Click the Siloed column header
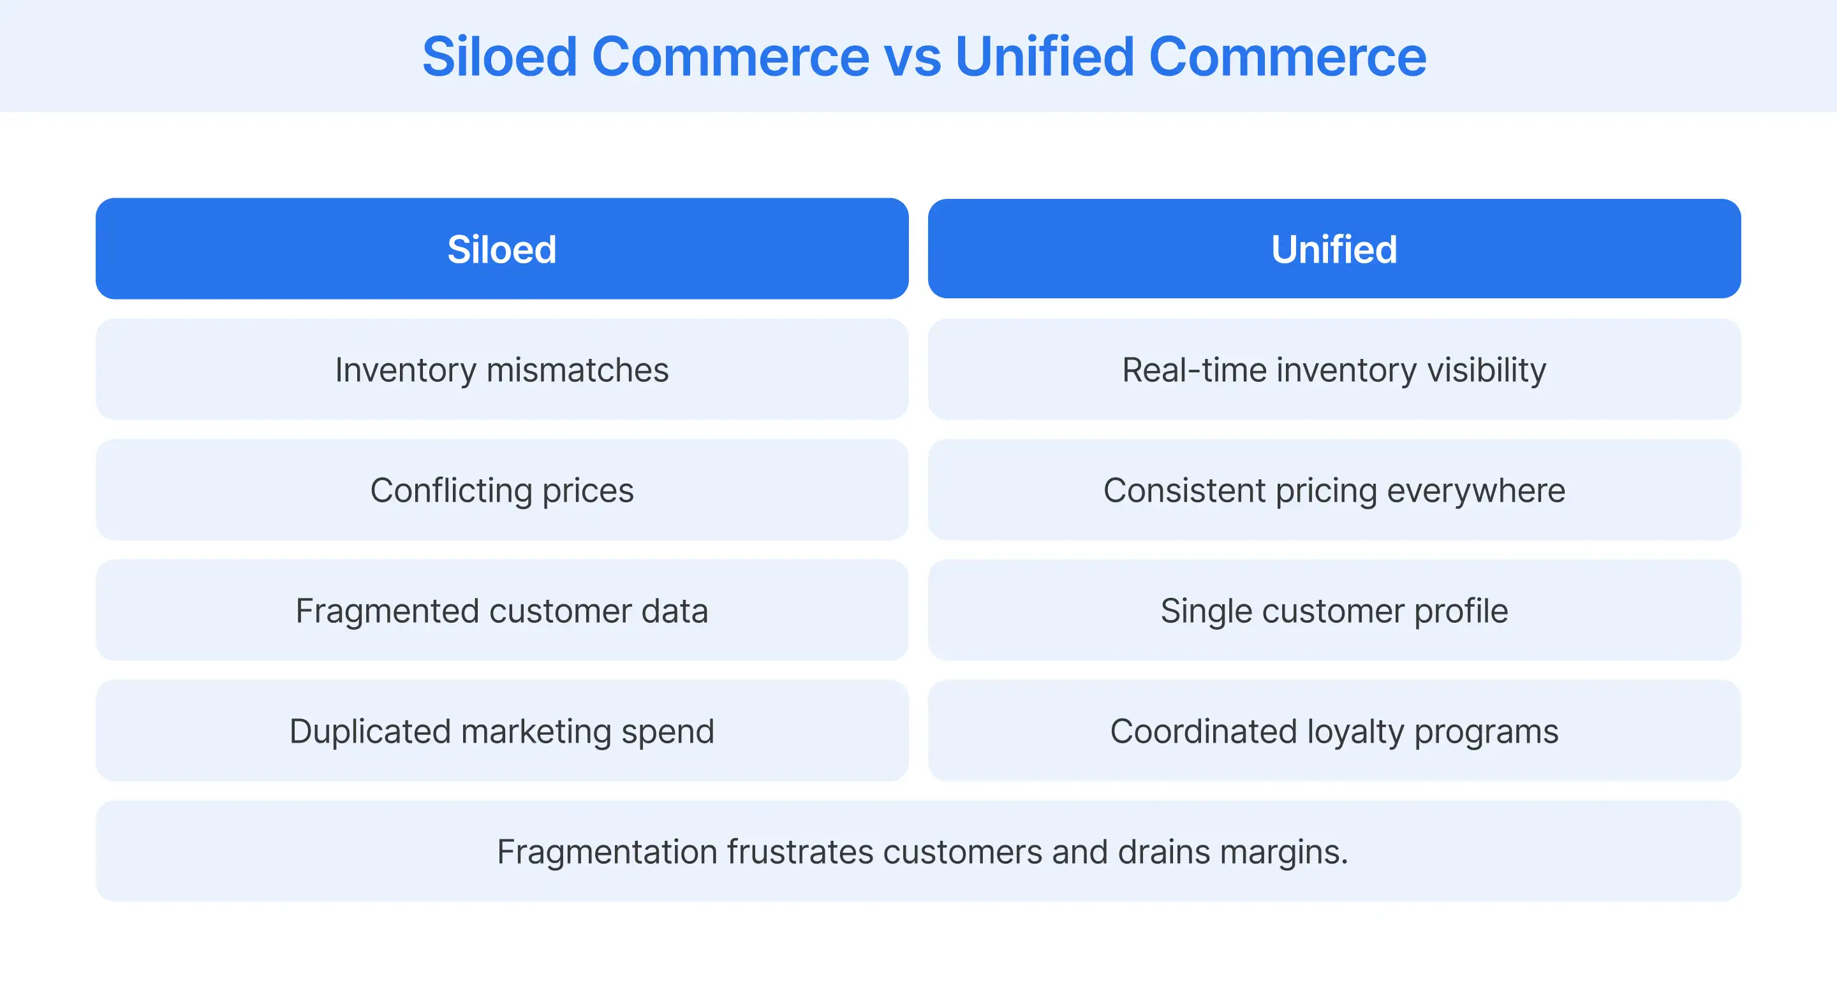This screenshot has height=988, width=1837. pos(501,249)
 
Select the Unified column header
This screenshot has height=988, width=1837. pos(1334,249)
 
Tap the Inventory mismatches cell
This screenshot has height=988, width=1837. pos(501,369)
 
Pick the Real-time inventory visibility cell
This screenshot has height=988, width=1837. pos(1334,369)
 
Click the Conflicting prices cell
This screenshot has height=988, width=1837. pos(501,490)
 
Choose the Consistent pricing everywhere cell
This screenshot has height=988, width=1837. pos(1334,490)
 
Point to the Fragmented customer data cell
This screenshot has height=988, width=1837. pos(501,610)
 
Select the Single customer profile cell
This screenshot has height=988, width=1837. pos(1334,610)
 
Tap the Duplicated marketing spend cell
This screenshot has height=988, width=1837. pos(501,730)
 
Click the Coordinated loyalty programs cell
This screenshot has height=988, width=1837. pos(1334,730)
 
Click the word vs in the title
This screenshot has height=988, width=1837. pos(912,57)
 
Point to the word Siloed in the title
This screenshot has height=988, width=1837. pos(499,57)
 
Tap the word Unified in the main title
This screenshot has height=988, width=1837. pos(1044,57)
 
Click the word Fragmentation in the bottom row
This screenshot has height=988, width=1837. pos(607,852)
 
